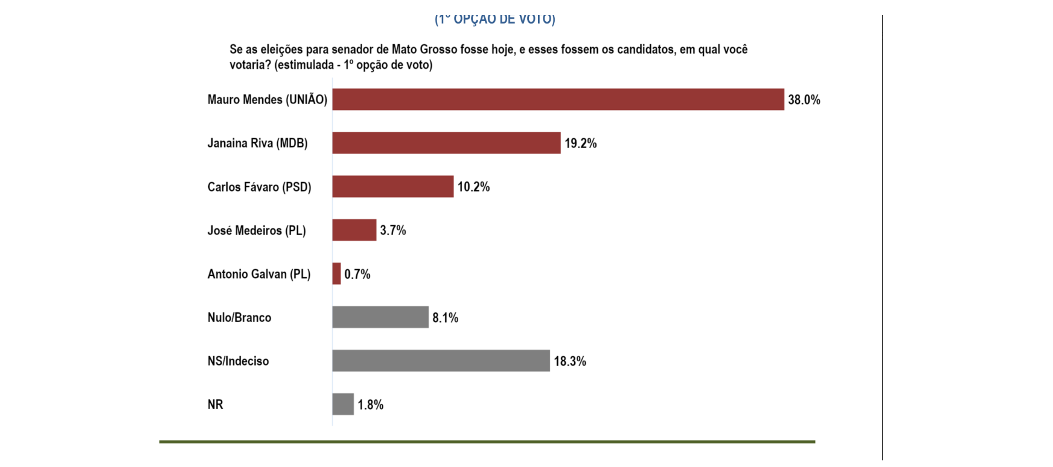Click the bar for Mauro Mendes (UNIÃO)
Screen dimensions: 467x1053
(558, 100)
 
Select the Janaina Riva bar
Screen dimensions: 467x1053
(446, 143)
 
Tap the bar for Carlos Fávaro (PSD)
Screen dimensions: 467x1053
(392, 187)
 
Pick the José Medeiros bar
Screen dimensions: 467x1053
(354, 230)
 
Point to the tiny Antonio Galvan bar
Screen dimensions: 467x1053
(336, 274)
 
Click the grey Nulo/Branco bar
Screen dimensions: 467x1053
(380, 317)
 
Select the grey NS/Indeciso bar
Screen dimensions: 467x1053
(441, 361)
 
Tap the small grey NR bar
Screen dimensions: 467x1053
(343, 404)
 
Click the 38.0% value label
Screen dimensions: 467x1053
(804, 100)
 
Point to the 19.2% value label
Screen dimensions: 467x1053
(580, 144)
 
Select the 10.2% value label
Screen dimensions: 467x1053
(473, 187)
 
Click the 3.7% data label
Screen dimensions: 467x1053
(392, 231)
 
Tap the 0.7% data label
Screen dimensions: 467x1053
(357, 274)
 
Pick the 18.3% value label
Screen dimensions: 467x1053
(569, 361)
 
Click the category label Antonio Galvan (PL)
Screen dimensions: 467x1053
(259, 274)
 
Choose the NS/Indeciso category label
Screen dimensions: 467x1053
(238, 361)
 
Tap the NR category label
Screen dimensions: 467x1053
(215, 405)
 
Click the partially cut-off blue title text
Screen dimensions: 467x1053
(494, 19)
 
